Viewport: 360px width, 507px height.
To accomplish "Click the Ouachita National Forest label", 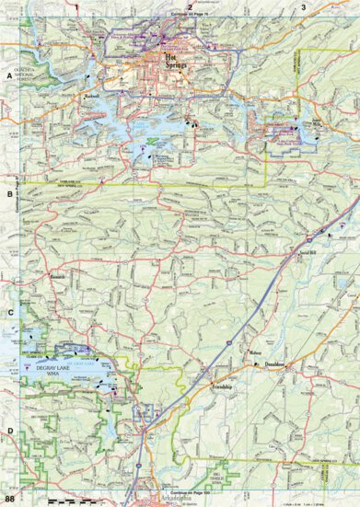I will click(24, 79).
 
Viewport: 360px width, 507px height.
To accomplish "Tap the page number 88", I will click(9, 499).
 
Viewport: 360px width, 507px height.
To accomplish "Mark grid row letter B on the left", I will click(9, 194).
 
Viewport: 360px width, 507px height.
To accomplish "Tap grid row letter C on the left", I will click(9, 312).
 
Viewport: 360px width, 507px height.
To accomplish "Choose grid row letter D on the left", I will click(9, 431).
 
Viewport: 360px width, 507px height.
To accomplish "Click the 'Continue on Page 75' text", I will click(191, 16).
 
